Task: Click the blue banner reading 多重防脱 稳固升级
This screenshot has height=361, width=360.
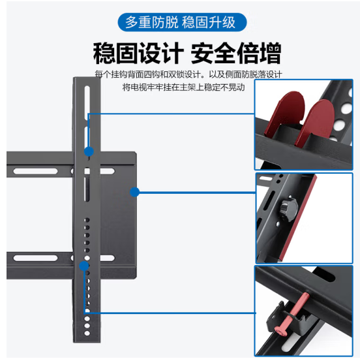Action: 182,22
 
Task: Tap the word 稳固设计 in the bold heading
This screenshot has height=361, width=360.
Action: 138,53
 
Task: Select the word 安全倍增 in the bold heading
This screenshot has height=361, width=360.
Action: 236,53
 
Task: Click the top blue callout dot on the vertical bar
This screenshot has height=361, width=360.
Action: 89,151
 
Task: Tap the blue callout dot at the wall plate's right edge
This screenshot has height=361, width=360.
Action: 134,192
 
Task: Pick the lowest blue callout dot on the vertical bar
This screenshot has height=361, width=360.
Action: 84,266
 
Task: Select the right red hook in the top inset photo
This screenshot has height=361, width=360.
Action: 315,123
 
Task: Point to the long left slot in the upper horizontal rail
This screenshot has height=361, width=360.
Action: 35,171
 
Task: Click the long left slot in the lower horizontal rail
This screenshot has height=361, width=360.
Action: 35,258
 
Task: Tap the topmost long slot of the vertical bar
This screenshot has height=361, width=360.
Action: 87,103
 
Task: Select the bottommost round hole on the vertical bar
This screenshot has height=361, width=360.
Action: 87,333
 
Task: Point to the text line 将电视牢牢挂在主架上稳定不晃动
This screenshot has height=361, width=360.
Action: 183,87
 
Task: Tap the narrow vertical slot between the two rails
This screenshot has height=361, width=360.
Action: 87,189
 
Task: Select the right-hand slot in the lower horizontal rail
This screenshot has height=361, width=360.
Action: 107,258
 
